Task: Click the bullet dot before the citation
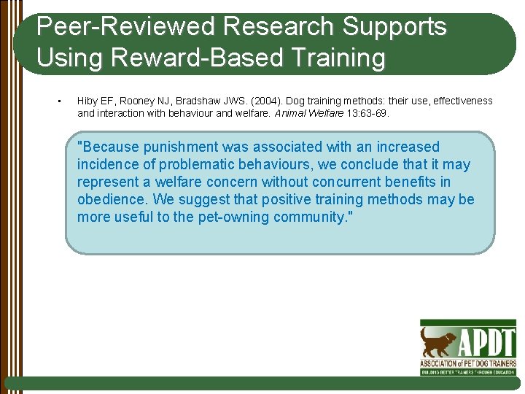point(58,101)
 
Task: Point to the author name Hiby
point(87,101)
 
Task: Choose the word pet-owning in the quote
point(233,217)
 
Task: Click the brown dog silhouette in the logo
point(438,341)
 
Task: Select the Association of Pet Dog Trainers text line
point(467,363)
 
